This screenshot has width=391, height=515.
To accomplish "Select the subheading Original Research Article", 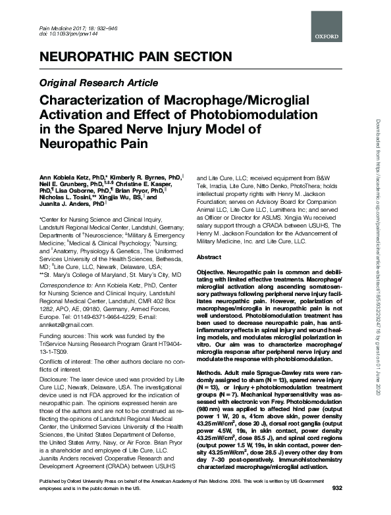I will [x=99, y=83].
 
